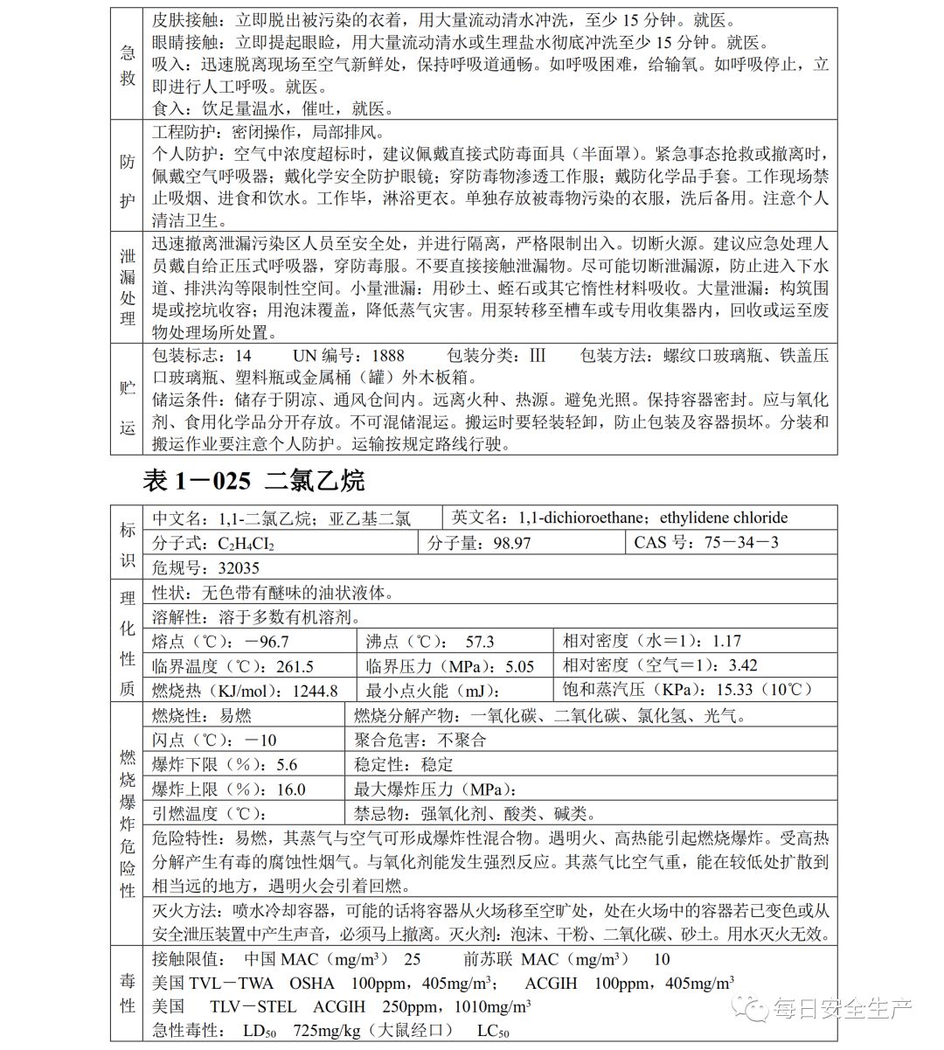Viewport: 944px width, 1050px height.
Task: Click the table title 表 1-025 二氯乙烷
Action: click(x=252, y=480)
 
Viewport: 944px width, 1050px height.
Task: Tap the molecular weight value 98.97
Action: click(x=510, y=543)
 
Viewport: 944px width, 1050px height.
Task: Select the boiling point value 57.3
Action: click(x=479, y=642)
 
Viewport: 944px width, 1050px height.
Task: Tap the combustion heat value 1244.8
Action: click(x=315, y=691)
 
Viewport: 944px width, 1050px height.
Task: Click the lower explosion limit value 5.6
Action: click(x=287, y=765)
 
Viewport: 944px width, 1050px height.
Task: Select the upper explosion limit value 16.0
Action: click(x=290, y=789)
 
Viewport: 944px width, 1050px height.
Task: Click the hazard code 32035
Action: click(x=239, y=567)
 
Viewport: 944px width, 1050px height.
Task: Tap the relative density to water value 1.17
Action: click(x=726, y=642)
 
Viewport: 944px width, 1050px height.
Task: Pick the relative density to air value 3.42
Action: click(x=742, y=666)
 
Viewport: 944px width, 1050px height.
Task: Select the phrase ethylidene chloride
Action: click(x=724, y=518)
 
